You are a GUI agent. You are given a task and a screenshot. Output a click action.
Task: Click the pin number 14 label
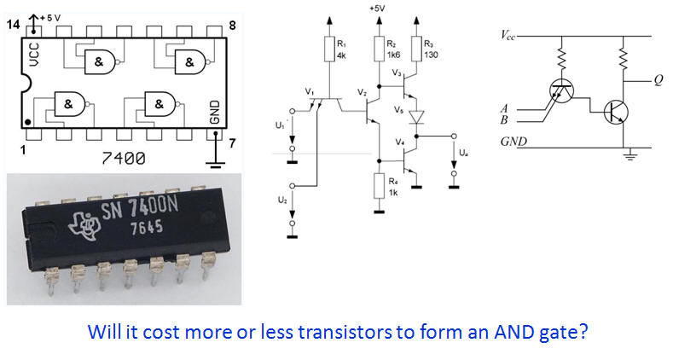[x=13, y=25]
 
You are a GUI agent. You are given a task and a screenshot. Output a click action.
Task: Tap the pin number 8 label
[x=232, y=26]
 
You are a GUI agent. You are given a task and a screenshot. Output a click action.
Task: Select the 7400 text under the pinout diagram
[x=123, y=159]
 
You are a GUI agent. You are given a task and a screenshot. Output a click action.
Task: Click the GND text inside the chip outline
[x=214, y=113]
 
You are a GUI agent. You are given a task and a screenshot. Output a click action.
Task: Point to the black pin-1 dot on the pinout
[x=28, y=123]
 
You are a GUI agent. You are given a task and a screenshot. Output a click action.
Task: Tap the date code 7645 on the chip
[x=147, y=228]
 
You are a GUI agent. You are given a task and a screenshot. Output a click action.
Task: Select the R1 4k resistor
[x=329, y=49]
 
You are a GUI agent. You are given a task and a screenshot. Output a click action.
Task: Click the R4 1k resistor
[x=379, y=186]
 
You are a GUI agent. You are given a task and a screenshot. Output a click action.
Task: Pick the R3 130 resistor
[x=416, y=49]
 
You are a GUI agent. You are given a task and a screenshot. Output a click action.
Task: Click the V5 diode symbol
[x=416, y=117]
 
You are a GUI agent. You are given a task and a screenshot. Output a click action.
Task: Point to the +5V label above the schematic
[x=377, y=9]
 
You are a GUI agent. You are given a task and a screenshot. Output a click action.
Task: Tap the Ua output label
[x=463, y=153]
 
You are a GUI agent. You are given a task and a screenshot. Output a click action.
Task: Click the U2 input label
[x=282, y=200]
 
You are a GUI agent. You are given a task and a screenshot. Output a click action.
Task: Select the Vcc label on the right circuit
[x=508, y=35]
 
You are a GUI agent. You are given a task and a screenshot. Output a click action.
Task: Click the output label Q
[x=658, y=80]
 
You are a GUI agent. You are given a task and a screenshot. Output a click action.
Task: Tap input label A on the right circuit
[x=504, y=109]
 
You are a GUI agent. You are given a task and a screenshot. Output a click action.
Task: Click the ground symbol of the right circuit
[x=629, y=155]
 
